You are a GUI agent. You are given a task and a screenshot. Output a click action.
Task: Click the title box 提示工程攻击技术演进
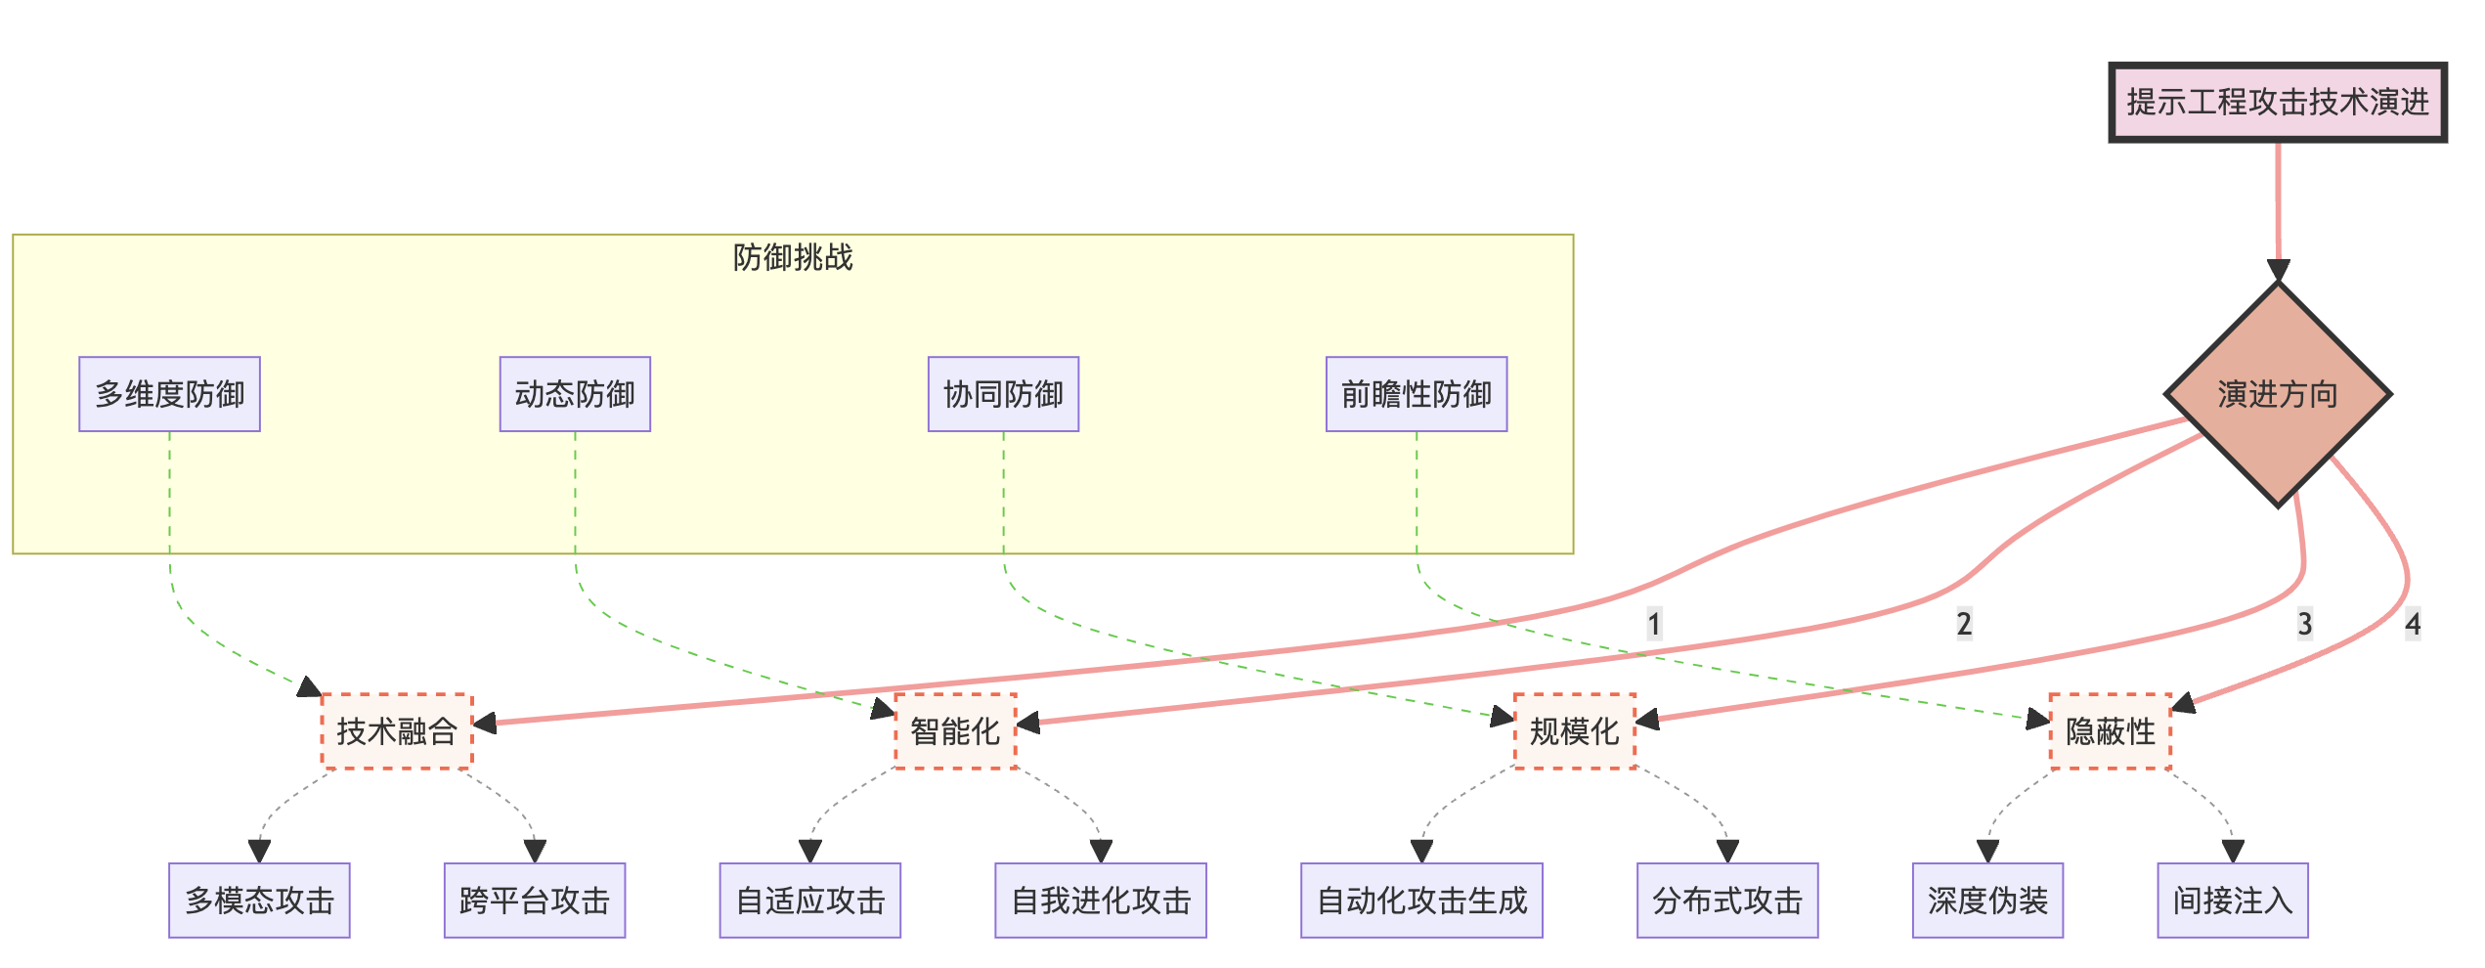pyautogui.click(x=2277, y=103)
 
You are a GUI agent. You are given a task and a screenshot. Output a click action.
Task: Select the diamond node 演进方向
pyautogui.click(x=2278, y=394)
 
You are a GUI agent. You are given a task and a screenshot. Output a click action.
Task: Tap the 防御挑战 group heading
pyautogui.click(x=793, y=257)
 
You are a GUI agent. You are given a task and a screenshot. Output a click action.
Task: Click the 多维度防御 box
pyautogui.click(x=169, y=394)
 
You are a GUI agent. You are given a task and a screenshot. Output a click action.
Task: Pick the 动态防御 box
pyautogui.click(x=575, y=394)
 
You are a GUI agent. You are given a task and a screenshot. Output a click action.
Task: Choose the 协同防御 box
pyautogui.click(x=1003, y=394)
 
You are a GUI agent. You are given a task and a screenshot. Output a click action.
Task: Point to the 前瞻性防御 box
pyautogui.click(x=1416, y=394)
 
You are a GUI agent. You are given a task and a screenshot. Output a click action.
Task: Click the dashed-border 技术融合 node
pyautogui.click(x=397, y=731)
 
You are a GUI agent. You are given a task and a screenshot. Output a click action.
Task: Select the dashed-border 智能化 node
pyautogui.click(x=955, y=731)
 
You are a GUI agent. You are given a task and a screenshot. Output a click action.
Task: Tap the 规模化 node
pyautogui.click(x=1574, y=731)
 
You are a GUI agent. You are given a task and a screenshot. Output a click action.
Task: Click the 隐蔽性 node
pyautogui.click(x=2110, y=731)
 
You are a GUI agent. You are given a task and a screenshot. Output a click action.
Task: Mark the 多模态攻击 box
pyautogui.click(x=259, y=901)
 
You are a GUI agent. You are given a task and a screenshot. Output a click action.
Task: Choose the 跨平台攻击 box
pyautogui.click(x=534, y=901)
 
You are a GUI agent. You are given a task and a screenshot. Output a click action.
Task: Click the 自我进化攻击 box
pyautogui.click(x=1101, y=901)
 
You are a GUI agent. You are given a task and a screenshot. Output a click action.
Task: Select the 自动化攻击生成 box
pyautogui.click(x=1421, y=901)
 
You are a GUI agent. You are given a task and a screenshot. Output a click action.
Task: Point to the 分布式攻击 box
pyautogui.click(x=1727, y=901)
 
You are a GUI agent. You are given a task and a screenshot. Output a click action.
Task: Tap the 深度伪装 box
pyautogui.click(x=1987, y=901)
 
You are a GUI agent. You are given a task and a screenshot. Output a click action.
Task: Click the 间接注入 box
pyautogui.click(x=2233, y=901)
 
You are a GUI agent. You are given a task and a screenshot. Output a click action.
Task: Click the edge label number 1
pyautogui.click(x=1654, y=624)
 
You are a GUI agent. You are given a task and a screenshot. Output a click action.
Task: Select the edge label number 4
pyautogui.click(x=2414, y=624)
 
